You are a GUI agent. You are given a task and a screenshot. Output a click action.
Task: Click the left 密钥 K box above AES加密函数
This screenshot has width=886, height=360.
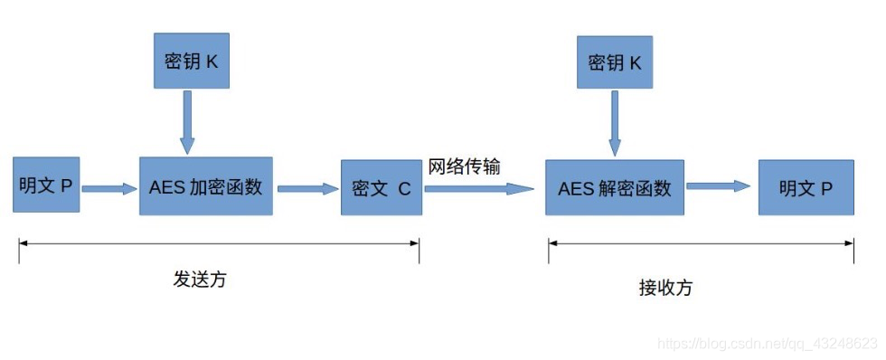pos(191,63)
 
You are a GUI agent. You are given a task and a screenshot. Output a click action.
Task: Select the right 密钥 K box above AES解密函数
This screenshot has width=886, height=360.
pos(615,63)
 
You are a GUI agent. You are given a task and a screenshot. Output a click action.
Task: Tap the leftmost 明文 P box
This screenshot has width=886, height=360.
pos(46,185)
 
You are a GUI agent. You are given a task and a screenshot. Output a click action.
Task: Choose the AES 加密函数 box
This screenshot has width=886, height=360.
pos(205,185)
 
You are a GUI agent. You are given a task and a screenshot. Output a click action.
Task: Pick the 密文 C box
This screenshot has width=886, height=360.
pos(381,188)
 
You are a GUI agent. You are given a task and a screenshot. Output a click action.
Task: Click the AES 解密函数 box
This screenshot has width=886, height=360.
pos(615,188)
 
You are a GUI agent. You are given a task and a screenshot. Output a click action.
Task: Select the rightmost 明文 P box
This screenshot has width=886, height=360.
pos(806,188)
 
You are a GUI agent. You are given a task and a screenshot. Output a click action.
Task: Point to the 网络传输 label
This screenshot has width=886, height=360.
pos(465,166)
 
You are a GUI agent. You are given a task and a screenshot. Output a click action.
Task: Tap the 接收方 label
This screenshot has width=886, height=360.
pos(665,288)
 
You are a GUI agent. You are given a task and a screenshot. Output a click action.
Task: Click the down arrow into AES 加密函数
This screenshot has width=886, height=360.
pos(187,122)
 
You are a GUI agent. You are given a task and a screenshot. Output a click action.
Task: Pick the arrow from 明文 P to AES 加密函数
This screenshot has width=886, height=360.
pos(108,188)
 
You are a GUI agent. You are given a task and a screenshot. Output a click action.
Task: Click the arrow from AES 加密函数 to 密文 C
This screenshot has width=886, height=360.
pos(306,188)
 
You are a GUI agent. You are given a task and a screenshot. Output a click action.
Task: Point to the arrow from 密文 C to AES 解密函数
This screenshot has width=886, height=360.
pos(481,188)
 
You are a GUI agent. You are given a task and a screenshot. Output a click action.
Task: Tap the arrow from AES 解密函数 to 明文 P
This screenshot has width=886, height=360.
pos(720,185)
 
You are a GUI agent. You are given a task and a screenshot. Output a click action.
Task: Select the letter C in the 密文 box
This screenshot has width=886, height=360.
pos(404,189)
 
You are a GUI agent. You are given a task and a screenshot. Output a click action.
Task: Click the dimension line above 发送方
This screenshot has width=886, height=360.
pos(219,242)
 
